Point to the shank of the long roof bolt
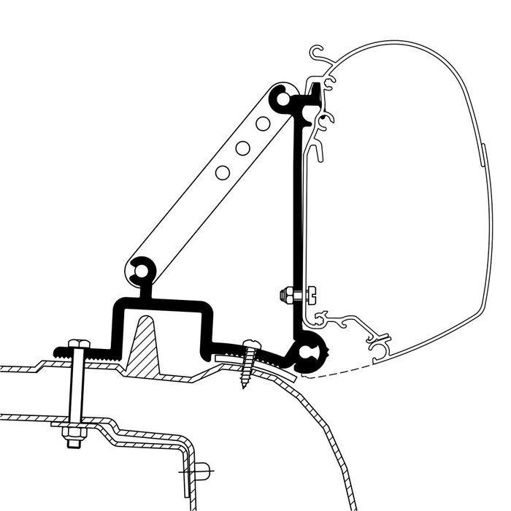[x=74, y=394]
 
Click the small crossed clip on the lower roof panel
[x=203, y=469]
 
